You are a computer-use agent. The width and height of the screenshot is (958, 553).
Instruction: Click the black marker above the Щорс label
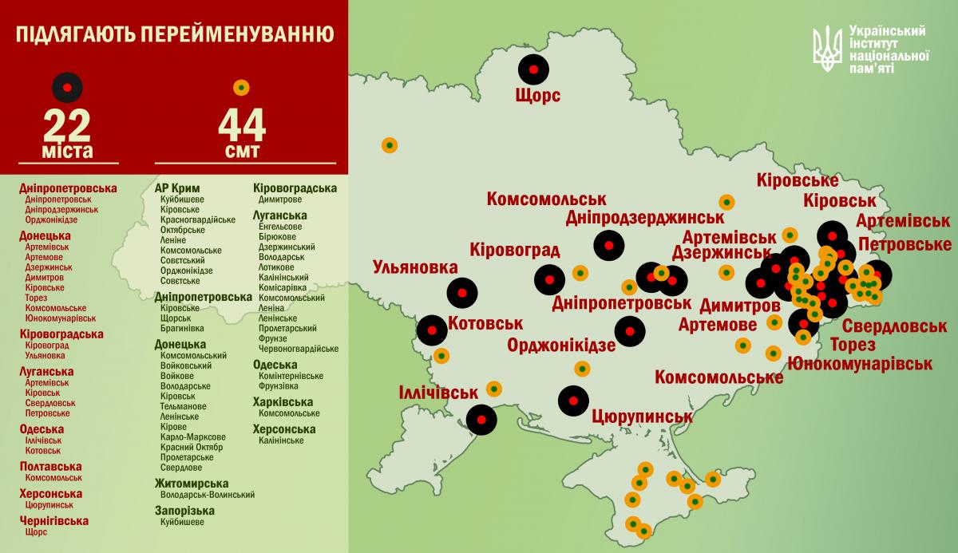(534, 69)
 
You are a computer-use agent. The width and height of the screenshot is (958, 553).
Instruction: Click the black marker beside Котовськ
(433, 329)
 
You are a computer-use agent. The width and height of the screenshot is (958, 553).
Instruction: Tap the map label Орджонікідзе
(561, 345)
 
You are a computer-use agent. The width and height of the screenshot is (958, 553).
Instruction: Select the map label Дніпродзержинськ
(644, 217)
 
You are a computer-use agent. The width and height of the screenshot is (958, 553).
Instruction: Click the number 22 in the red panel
(67, 125)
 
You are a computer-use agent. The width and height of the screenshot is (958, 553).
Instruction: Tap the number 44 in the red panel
(241, 125)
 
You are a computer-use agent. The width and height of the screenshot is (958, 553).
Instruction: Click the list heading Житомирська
(192, 484)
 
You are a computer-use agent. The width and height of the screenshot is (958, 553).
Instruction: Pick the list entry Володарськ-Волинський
(208, 496)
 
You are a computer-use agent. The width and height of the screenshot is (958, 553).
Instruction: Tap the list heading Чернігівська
(54, 520)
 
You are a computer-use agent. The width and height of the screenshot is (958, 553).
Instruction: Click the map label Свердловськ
(894, 326)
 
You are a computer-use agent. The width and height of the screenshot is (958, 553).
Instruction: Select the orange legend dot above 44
(241, 86)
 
